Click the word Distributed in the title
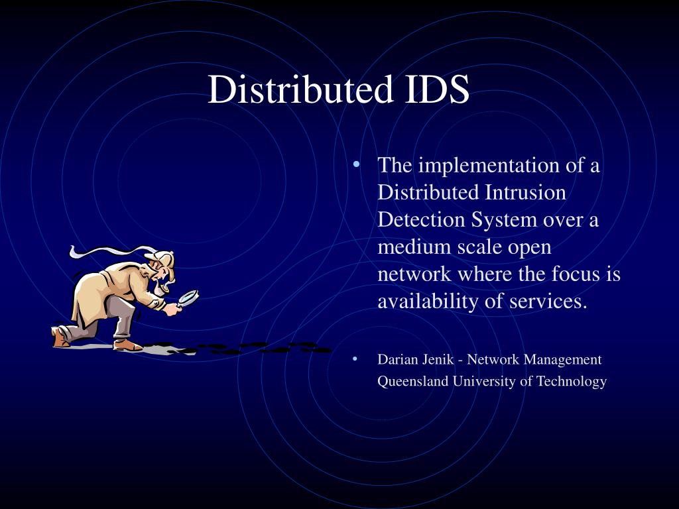pyautogui.click(x=300, y=89)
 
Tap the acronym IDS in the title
pyautogui.click(x=438, y=89)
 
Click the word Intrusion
pyautogui.click(x=525, y=192)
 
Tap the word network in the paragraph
pyautogui.click(x=414, y=274)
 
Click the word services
pyautogui.click(x=548, y=302)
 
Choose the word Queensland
pyautogui.click(x=412, y=381)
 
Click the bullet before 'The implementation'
pyautogui.click(x=356, y=164)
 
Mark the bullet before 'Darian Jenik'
pyautogui.click(x=355, y=359)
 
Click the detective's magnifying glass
pyautogui.click(x=188, y=298)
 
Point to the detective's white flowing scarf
pyautogui.click(x=111, y=251)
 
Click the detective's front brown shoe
pyautogui.click(x=127, y=345)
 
